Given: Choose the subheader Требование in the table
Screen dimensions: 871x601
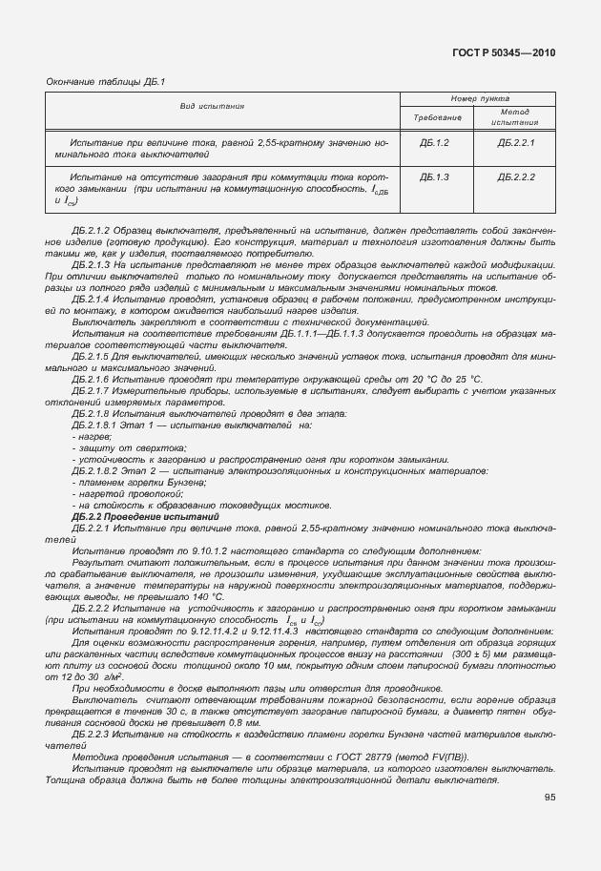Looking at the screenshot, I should tap(437, 116).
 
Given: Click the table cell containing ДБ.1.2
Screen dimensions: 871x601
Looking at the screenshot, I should tap(434, 142).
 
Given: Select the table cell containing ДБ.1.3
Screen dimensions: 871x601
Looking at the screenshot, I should tap(434, 177).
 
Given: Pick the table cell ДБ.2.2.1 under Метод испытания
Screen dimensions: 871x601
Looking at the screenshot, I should tap(516, 142).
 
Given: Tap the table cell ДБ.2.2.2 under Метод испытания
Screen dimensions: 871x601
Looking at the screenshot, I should tap(516, 177).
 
